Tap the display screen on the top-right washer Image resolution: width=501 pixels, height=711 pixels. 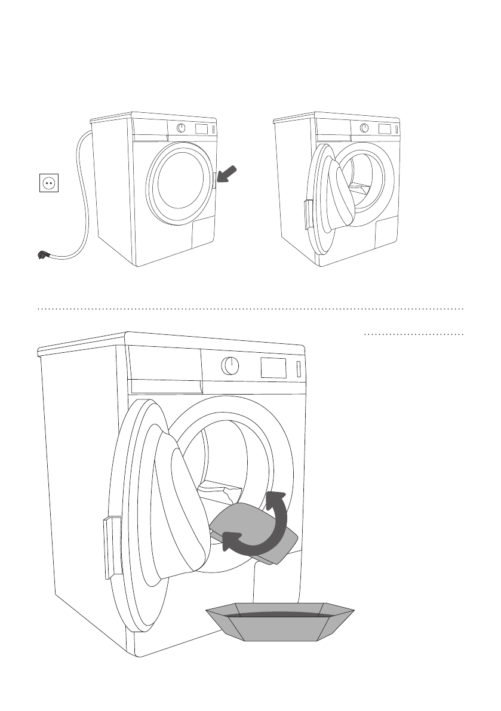[384, 129]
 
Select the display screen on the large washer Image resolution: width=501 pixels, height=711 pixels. [273, 367]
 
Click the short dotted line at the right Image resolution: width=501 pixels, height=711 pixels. [413, 335]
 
